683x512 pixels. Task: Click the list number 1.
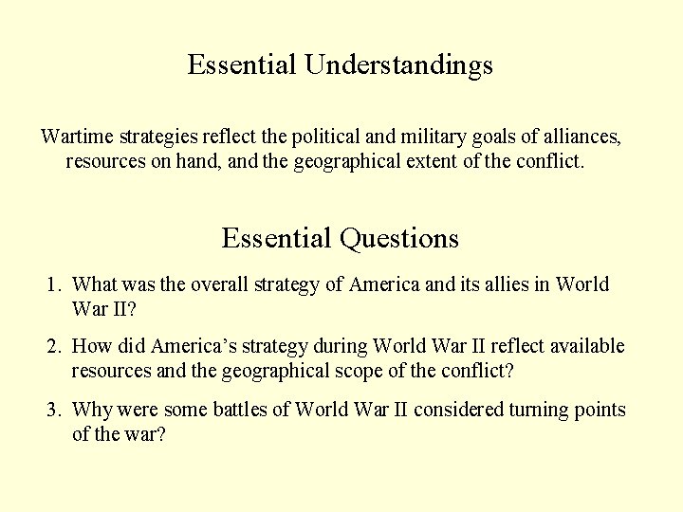pyautogui.click(x=54, y=284)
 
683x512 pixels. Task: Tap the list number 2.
pyautogui.click(x=54, y=347)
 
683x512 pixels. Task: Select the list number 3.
pyautogui.click(x=54, y=410)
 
